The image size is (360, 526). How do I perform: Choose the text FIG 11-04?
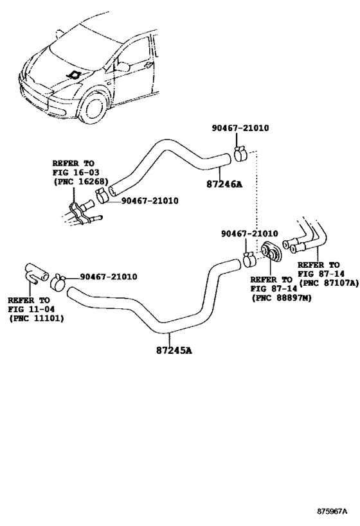(30, 309)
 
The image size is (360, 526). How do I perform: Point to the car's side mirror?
(122, 66)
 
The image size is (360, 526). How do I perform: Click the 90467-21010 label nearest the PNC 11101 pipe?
(108, 277)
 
